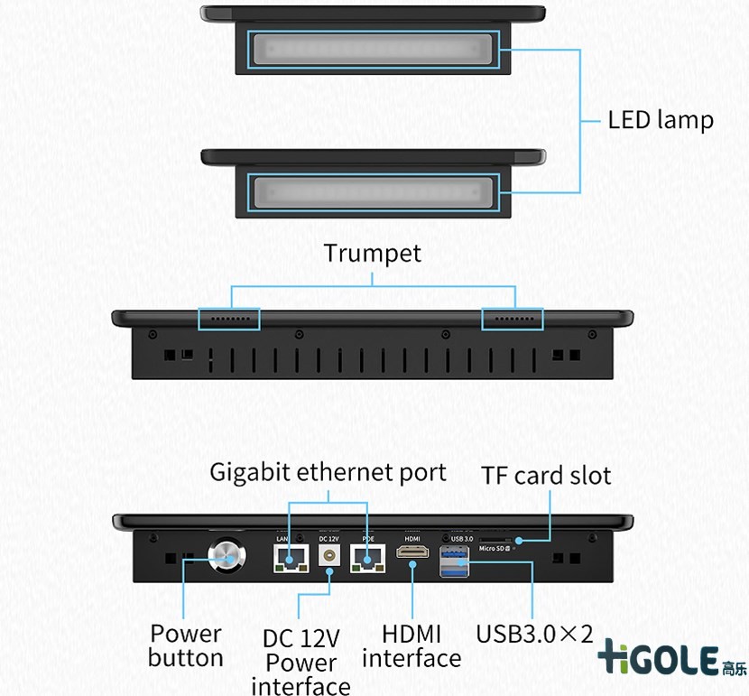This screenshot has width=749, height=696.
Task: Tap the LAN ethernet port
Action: [288, 559]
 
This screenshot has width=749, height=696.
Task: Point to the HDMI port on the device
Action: [412, 553]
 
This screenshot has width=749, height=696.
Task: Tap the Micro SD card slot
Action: [494, 540]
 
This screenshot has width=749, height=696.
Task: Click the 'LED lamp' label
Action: [661, 120]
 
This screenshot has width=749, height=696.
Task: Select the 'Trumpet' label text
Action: [373, 254]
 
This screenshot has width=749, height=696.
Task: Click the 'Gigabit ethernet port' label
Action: [328, 471]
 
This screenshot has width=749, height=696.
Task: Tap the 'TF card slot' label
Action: [546, 476]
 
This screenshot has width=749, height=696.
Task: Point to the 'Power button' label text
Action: [186, 645]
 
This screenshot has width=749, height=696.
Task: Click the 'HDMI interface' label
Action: [411, 646]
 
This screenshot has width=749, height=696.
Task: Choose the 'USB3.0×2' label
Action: [533, 633]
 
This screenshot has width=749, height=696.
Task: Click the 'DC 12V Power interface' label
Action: [301, 663]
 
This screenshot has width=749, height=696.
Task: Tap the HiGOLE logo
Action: [671, 659]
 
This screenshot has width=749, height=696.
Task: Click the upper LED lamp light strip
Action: [374, 49]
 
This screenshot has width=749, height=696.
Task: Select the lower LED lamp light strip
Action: [374, 192]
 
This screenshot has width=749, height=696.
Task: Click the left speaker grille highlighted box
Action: [229, 319]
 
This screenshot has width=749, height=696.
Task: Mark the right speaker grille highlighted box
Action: [513, 319]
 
